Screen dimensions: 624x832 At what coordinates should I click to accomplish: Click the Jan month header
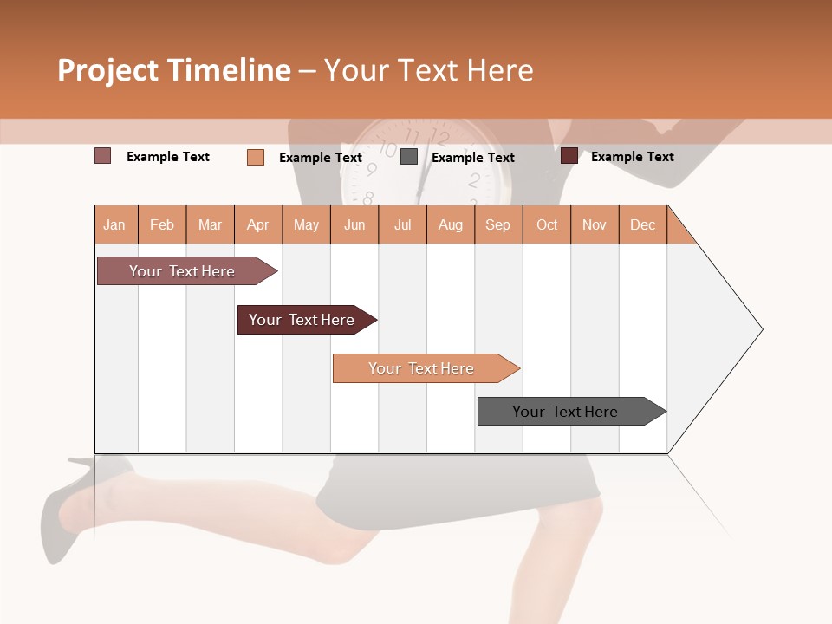tap(115, 224)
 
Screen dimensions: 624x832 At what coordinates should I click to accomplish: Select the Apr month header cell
tap(258, 224)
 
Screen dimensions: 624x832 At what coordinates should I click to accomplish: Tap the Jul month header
tap(402, 224)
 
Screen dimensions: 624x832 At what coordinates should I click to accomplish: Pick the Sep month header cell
tap(498, 224)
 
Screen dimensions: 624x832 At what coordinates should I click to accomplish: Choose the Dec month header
tap(642, 224)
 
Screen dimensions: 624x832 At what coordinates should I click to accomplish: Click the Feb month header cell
tap(162, 224)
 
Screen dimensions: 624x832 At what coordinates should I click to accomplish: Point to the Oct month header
tap(547, 224)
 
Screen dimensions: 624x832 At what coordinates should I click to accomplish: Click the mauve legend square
tap(102, 156)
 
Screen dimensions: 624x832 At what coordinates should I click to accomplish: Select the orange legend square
tap(256, 157)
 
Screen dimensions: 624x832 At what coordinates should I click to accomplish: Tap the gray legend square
tap(409, 157)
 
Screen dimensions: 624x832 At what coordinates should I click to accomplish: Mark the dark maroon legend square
tap(569, 156)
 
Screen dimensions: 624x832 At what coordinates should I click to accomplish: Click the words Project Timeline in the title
tap(173, 70)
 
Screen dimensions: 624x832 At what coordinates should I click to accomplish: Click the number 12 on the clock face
tap(440, 139)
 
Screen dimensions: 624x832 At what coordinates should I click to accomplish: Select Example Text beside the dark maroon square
tap(632, 157)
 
